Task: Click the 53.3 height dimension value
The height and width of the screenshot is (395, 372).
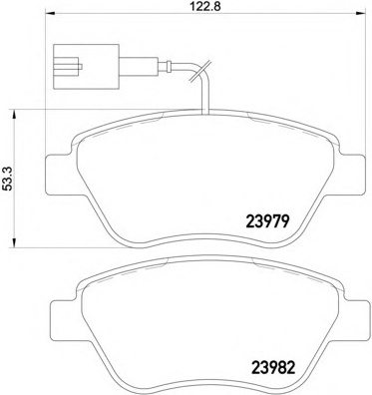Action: click(8, 179)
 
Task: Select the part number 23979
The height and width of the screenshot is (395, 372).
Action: click(268, 221)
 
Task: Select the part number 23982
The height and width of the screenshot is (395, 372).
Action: click(273, 368)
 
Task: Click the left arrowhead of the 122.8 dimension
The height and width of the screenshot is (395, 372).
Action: click(49, 13)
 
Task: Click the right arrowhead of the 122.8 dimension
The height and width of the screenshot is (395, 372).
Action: click(360, 13)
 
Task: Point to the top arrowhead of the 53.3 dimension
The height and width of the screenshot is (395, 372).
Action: click(14, 115)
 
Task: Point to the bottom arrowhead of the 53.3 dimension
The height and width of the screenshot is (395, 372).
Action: click(14, 242)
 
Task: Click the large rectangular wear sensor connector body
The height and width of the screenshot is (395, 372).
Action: click(86, 67)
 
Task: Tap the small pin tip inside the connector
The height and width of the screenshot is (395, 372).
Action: click(80, 67)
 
